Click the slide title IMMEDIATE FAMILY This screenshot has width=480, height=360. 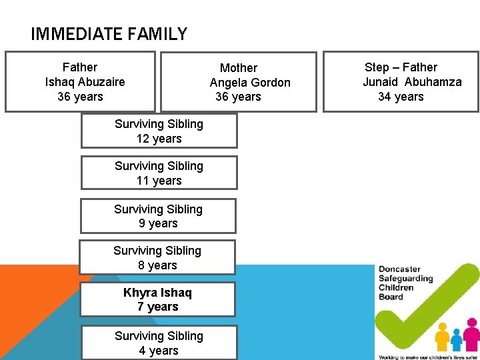[x=109, y=33]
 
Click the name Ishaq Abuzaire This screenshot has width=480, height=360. [x=85, y=82]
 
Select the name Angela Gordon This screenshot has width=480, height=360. [x=250, y=83]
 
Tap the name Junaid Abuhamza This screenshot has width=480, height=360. [x=412, y=82]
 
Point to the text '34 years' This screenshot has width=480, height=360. [x=401, y=97]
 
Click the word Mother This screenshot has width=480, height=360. [x=238, y=68]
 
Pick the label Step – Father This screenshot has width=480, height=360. [x=401, y=67]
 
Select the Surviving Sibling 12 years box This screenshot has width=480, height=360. [x=159, y=131]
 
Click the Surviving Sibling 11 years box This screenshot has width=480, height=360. [x=159, y=173]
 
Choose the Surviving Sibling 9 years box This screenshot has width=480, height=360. [x=158, y=216]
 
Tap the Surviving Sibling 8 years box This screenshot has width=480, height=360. [x=157, y=257]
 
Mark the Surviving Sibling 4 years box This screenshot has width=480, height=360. [x=159, y=343]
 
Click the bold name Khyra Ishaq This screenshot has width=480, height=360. [x=157, y=293]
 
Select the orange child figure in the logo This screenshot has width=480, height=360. [x=442, y=337]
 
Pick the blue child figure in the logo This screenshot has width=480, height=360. [x=457, y=340]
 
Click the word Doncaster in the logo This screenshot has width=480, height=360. [x=399, y=269]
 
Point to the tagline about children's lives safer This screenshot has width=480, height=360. [x=427, y=357]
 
